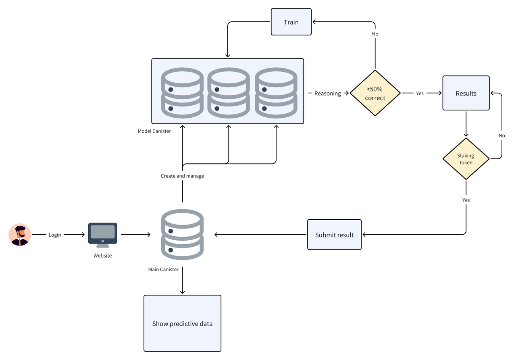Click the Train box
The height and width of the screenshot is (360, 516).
[291, 22]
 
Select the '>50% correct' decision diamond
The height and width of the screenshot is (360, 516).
[375, 93]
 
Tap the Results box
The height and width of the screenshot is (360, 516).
[466, 93]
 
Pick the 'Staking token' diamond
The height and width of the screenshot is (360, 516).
[466, 159]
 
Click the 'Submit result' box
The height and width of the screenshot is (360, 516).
[334, 235]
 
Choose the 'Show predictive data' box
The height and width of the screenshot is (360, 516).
[182, 323]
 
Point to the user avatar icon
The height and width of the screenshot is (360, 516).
[20, 235]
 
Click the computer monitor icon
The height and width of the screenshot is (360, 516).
[103, 234]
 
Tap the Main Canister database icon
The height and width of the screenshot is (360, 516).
[182, 234]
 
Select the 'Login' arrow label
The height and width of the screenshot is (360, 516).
[55, 235]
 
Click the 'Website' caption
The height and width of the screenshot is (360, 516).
[102, 256]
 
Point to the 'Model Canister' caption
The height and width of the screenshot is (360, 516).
[154, 131]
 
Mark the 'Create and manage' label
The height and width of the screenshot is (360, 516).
[182, 176]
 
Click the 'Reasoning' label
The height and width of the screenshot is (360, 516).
[327, 93]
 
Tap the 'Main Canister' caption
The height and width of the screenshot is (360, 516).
[163, 269]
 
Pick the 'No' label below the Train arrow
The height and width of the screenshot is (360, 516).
[375, 34]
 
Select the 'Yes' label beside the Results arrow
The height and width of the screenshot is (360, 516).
[420, 93]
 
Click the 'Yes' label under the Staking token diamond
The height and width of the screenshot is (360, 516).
[466, 200]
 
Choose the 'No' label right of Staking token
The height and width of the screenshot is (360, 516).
[501, 135]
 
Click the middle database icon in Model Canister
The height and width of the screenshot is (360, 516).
[229, 93]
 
